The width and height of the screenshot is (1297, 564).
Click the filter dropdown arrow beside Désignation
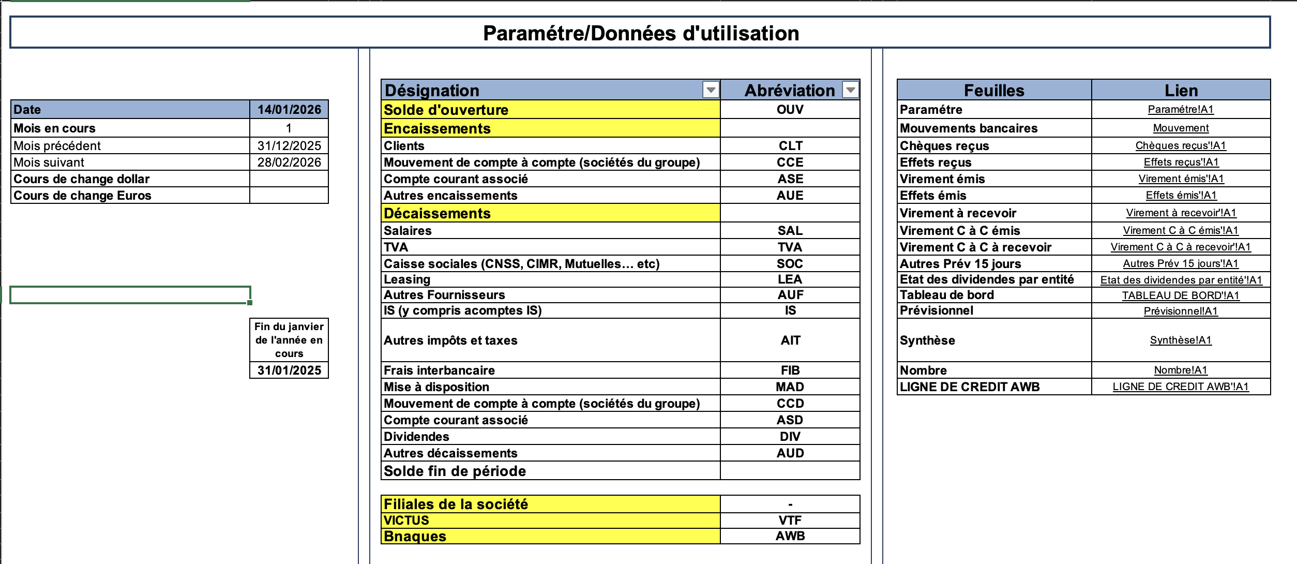point(711,90)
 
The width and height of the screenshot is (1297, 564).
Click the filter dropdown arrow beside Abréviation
point(850,90)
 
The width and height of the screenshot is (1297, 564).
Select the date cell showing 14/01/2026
point(289,110)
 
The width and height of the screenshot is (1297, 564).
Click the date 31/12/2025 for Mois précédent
point(289,146)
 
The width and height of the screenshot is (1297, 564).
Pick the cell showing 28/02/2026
point(289,162)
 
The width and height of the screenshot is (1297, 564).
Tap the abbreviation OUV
point(790,110)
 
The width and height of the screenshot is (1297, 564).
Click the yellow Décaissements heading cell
point(550,213)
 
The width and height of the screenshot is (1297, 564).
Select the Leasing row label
point(407,279)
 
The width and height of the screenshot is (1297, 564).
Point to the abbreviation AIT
point(790,340)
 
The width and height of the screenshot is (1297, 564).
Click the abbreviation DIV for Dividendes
point(790,437)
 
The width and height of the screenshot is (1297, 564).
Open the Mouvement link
point(1181,128)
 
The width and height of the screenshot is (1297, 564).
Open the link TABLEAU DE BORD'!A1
point(1181,295)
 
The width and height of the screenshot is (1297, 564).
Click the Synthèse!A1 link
point(1181,340)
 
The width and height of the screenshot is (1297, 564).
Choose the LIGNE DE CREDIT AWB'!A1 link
point(1181,387)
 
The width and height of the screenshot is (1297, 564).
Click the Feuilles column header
point(994,91)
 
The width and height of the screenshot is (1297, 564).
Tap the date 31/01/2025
point(289,370)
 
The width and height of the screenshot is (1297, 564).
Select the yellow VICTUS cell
point(550,521)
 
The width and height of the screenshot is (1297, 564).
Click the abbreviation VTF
point(790,521)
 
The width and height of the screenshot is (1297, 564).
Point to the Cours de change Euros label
point(83,196)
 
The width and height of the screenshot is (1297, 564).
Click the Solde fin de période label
point(455,471)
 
